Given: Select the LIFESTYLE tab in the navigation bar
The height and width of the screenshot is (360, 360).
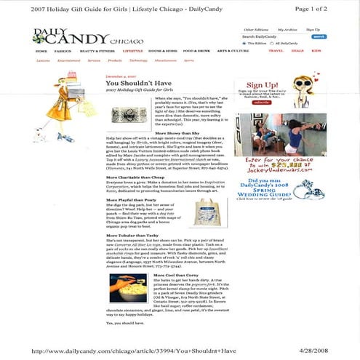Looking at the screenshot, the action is (132, 52).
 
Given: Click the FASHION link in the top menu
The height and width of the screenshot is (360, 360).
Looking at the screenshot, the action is (63, 52).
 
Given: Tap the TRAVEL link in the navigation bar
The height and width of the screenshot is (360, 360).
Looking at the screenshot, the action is (276, 52).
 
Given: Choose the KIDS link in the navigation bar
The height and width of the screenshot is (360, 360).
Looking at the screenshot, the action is (316, 52).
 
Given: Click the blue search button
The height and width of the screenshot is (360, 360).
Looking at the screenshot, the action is (319, 36).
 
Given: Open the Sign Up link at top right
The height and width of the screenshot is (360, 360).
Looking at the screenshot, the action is (313, 30).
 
